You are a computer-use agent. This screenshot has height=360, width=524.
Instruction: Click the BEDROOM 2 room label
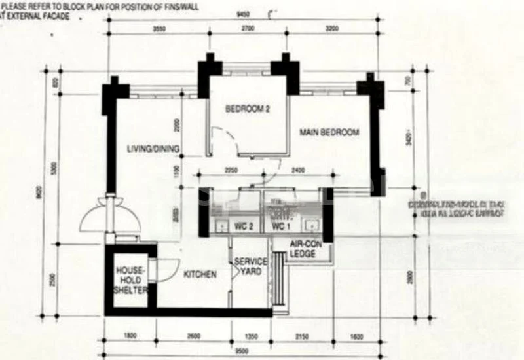(x=248, y=109)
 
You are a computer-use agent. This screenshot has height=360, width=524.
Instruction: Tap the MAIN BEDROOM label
(x=329, y=132)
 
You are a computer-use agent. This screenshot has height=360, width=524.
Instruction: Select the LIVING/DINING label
(x=153, y=149)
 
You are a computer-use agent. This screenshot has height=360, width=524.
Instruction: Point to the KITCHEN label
(x=200, y=274)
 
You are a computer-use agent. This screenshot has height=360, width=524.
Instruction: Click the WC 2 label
(x=244, y=226)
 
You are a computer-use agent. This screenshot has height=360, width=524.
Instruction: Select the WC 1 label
(x=280, y=226)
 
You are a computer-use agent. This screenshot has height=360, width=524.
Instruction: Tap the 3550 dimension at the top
(x=158, y=29)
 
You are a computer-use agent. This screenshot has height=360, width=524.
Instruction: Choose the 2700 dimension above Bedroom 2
(x=248, y=29)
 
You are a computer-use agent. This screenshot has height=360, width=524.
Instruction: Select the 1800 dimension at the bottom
(x=130, y=336)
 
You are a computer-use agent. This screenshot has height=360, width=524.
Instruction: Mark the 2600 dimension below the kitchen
(x=193, y=336)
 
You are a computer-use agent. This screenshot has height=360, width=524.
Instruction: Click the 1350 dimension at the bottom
(x=251, y=336)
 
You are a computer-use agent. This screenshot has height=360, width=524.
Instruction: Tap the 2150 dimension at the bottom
(x=301, y=336)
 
